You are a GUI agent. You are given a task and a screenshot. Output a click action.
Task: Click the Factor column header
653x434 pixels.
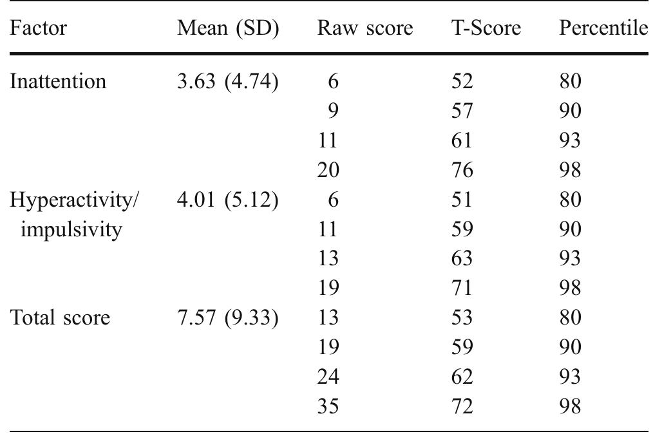(x=38, y=28)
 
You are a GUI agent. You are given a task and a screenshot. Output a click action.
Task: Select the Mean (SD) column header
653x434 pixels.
(x=227, y=28)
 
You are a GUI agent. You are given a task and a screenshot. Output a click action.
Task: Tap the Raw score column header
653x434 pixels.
(x=364, y=28)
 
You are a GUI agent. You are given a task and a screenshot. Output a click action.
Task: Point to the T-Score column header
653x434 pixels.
(x=486, y=28)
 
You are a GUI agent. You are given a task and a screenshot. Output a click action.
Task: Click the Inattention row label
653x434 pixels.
(x=58, y=82)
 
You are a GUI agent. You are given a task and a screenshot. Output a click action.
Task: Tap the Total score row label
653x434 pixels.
(x=61, y=318)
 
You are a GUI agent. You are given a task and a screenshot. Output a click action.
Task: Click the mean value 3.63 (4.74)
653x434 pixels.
(x=227, y=82)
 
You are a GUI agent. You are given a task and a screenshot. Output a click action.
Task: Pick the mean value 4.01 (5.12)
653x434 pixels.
(x=227, y=200)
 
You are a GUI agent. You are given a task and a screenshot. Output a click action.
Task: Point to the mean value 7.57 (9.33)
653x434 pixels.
(x=227, y=318)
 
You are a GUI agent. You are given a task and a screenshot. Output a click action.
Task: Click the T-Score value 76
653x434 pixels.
(x=462, y=171)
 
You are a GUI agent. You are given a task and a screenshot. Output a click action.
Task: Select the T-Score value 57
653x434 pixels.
(x=462, y=111)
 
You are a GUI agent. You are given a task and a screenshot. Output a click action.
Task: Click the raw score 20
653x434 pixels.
(x=328, y=171)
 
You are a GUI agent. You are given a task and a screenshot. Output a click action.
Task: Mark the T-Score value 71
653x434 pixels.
(x=462, y=288)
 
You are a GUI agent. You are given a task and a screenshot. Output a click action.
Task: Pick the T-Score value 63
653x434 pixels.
(x=462, y=259)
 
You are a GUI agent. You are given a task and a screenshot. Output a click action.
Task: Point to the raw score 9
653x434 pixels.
(x=333, y=111)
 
